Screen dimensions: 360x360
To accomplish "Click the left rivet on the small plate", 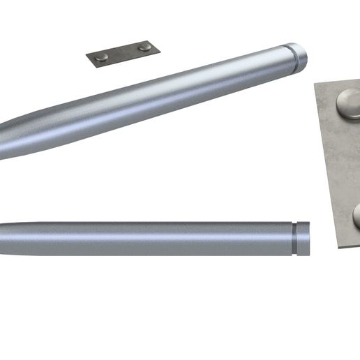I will (x=102, y=57).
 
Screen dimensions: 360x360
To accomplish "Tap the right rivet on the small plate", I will (x=144, y=47).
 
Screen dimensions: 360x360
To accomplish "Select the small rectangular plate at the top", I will (x=123, y=53).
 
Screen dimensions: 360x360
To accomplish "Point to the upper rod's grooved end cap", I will (x=299, y=56).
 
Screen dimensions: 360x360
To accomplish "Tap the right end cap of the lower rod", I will (x=304, y=238).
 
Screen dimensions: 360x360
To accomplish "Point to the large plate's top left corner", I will (x=315, y=84).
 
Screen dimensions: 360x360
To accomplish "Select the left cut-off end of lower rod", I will (x=2, y=238).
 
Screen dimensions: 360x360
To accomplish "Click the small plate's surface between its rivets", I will (x=123, y=52).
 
